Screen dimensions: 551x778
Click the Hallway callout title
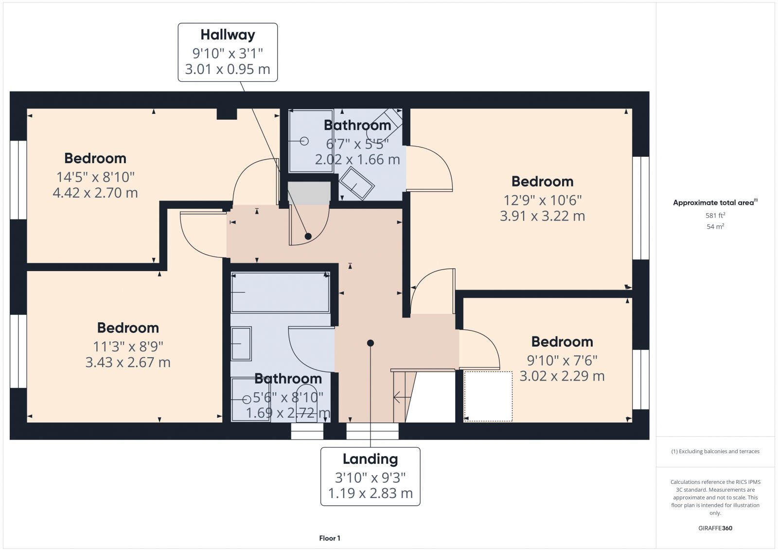tap(228, 35)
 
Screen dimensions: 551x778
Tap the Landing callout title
tap(370, 459)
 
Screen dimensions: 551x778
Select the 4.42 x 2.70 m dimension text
tap(95, 193)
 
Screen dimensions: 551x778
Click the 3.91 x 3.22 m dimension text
tap(542, 216)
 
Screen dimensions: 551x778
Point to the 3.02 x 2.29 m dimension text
tap(562, 376)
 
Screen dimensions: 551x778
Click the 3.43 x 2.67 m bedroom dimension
tap(128, 363)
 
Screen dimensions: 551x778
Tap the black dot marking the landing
tap(371, 343)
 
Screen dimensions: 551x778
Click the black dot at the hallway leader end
tap(308, 237)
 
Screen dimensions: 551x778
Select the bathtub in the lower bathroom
tap(280, 292)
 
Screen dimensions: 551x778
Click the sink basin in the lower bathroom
tap(241, 343)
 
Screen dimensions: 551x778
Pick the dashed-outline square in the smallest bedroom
tap(488, 396)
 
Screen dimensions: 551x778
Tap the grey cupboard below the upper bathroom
tap(309, 193)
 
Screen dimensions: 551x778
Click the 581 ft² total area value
tap(715, 215)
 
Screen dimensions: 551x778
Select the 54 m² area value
tap(715, 226)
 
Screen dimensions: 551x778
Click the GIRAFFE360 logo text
tap(715, 528)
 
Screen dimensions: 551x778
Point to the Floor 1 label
tap(330, 538)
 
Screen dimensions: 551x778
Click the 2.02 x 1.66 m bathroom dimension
tap(357, 160)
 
